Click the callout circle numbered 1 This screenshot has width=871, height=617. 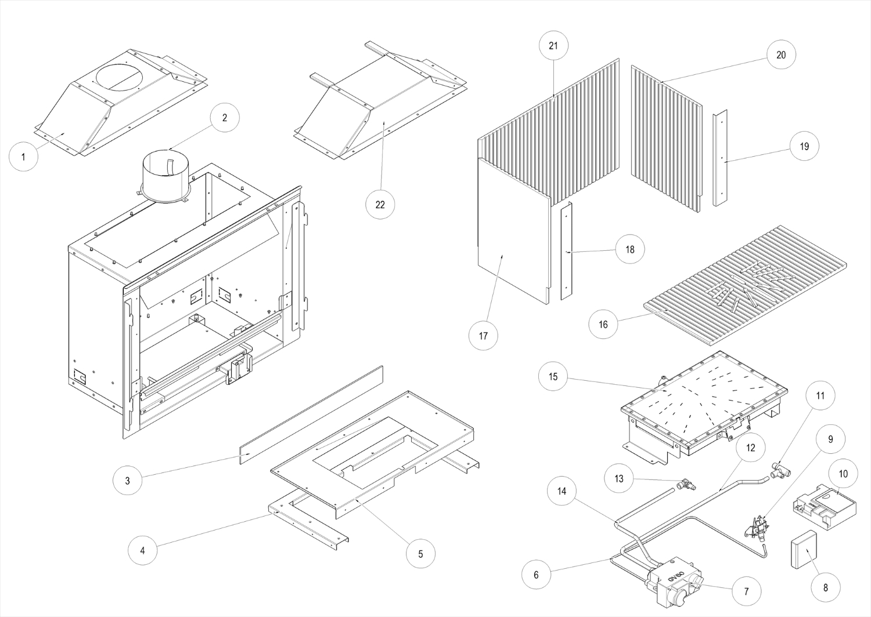pyautogui.click(x=23, y=157)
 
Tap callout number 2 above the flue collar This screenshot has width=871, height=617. pyautogui.click(x=225, y=118)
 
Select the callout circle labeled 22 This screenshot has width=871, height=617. pyautogui.click(x=380, y=204)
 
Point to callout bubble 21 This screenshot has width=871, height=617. pyautogui.click(x=553, y=45)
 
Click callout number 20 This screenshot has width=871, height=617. pyautogui.click(x=781, y=55)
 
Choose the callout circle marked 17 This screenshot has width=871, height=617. pyautogui.click(x=484, y=335)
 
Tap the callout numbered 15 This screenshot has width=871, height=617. pyautogui.click(x=553, y=377)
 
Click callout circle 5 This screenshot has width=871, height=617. pyautogui.click(x=420, y=554)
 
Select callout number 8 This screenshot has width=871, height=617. pyautogui.click(x=826, y=587)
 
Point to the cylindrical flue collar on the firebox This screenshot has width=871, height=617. pyautogui.click(x=167, y=177)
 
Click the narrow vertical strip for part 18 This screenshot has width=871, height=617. pyautogui.click(x=566, y=251)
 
